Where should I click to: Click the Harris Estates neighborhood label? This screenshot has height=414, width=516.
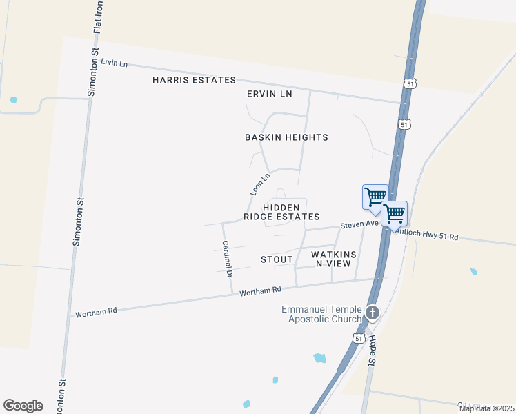[194, 81]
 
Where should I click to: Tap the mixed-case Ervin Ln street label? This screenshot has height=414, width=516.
[115, 63]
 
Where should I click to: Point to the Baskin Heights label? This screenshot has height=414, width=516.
[286, 137]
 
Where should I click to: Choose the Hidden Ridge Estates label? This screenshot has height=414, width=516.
[281, 212]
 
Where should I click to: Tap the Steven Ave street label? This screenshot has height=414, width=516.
[359, 224]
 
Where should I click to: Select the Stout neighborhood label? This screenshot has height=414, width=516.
[277, 259]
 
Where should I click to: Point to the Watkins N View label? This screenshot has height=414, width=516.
[334, 259]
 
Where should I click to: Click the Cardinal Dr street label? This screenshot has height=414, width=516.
[226, 258]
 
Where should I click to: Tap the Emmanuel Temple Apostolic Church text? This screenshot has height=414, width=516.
[321, 314]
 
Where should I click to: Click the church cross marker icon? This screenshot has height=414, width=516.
[373, 313]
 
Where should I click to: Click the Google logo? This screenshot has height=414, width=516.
[23, 406]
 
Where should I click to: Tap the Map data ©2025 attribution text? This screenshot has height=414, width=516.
[486, 408]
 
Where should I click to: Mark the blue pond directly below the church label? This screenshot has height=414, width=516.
[319, 358]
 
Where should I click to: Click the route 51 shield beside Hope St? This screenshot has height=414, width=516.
[357, 338]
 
